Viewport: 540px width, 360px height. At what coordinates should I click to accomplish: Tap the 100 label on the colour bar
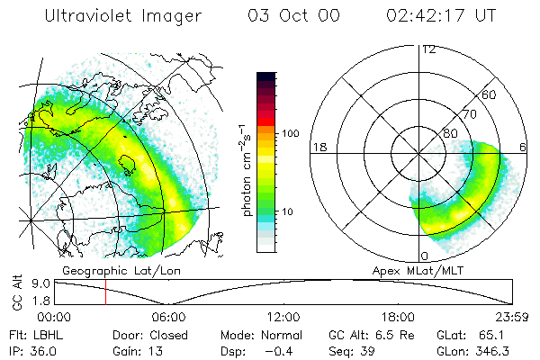coord(289,133)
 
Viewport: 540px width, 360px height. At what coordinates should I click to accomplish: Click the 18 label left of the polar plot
coord(318,147)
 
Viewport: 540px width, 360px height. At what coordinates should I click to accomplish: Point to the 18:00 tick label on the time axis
coord(398,317)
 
